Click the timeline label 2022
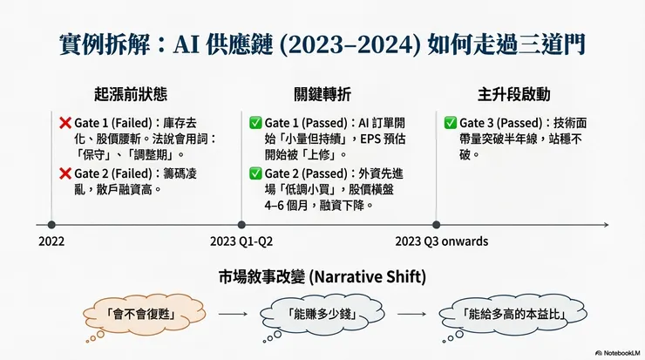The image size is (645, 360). point(51,241)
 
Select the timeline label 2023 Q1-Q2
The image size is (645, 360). point(241,241)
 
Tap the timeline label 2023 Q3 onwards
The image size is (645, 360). point(441,241)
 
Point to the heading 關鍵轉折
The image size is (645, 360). point(322,94)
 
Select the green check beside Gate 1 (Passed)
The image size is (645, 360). point(255,123)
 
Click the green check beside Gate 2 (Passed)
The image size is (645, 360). point(255,173)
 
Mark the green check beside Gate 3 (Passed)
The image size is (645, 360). point(451,123)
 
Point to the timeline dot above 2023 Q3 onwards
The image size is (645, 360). point(436,224)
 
